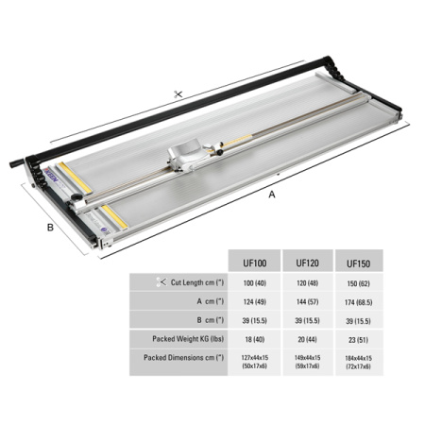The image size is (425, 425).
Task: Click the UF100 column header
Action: pos(254,263)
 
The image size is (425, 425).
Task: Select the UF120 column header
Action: pos(307,263)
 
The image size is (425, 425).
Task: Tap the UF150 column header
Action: pos(358,263)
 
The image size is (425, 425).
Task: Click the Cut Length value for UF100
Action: pos(254,283)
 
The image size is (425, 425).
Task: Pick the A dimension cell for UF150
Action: pos(358,302)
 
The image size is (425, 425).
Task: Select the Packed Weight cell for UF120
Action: pos(307,339)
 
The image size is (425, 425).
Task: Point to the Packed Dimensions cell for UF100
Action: pos(254,362)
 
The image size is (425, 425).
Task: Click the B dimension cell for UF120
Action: pos(307,320)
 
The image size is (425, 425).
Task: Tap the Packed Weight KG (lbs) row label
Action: pos(188,339)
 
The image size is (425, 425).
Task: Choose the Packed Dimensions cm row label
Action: pos(184,358)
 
